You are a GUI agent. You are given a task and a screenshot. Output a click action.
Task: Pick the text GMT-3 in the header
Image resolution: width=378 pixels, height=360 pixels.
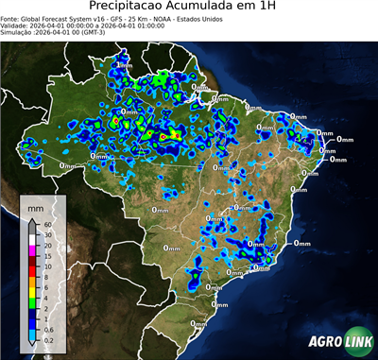[86, 32]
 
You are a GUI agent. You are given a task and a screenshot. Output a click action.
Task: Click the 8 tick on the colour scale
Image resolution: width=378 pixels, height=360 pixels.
[46, 276]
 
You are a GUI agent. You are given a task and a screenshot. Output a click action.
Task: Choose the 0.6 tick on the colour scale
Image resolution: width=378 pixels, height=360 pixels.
[49, 327]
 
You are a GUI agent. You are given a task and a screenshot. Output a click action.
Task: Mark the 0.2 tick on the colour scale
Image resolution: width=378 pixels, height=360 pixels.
[49, 337]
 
